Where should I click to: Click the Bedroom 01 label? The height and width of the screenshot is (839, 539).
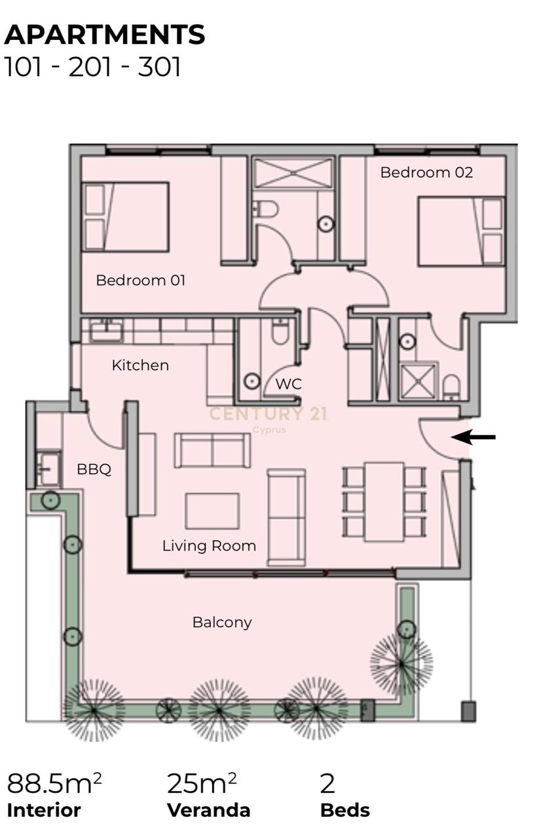point(140,280)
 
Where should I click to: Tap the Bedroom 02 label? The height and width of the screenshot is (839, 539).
point(427,172)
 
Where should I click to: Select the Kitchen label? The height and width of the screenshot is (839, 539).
point(140,365)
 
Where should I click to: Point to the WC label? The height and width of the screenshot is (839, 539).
point(289,384)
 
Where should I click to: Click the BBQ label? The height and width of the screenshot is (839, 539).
point(94,469)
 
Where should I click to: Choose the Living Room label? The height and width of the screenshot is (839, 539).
point(209,546)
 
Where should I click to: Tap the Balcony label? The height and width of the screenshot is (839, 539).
point(222,623)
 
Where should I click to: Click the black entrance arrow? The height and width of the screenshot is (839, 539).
point(473,437)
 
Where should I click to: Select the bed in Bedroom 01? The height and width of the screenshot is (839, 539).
point(125,216)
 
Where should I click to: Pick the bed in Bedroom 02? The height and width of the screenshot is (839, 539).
point(461,231)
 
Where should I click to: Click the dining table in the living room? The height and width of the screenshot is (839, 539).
point(384,502)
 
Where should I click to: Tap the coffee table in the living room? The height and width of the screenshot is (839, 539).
point(212,511)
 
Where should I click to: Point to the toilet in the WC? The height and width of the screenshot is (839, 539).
point(280,332)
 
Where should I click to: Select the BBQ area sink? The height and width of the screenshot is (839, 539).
point(50,469)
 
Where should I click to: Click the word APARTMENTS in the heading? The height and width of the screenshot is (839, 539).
point(105,35)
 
